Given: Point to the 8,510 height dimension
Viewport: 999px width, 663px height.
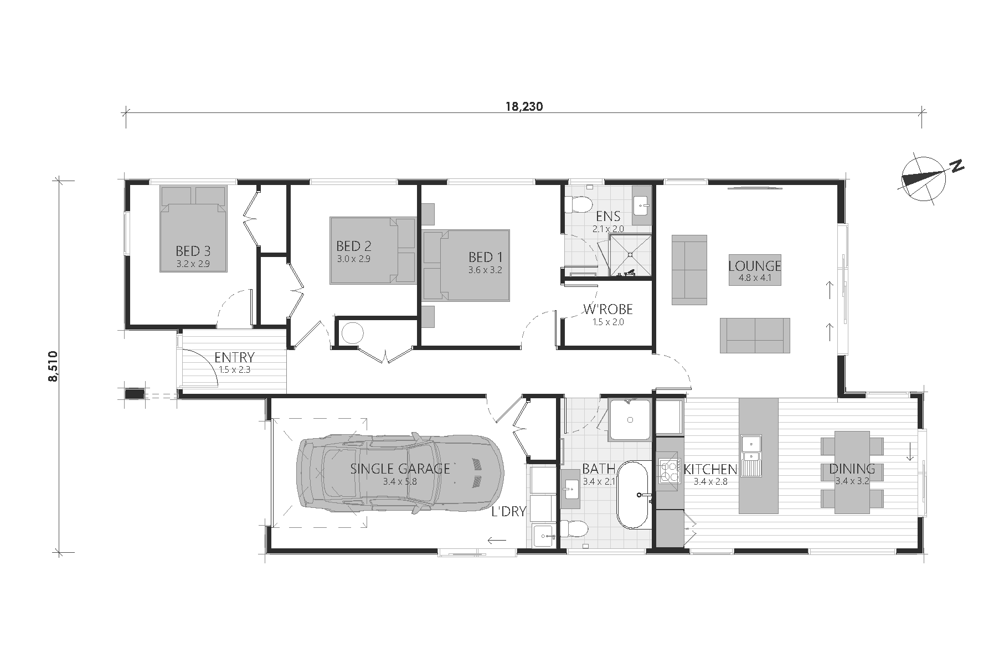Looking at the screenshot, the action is [53, 367].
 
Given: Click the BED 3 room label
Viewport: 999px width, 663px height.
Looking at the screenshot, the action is [193, 251].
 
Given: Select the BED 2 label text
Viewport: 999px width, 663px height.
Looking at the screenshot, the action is [354, 246].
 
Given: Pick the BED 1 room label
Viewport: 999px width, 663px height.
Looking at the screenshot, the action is [486, 257].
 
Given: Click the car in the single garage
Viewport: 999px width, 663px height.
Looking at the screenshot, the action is [400, 474].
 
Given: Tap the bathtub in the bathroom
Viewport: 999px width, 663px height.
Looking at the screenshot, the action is [634, 495].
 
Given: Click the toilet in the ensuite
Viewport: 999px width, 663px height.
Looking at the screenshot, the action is [578, 204].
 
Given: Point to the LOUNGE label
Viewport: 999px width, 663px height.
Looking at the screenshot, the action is [754, 266].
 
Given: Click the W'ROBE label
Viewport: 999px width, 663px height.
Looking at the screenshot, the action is [608, 309].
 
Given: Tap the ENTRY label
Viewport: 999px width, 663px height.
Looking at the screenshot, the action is [234, 357].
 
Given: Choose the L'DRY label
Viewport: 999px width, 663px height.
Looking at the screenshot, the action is [508, 511].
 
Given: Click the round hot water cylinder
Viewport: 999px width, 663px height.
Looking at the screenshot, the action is [352, 333].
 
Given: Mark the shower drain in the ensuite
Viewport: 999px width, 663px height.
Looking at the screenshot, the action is [630, 255].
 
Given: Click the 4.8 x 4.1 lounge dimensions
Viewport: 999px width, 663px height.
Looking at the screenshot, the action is [754, 278].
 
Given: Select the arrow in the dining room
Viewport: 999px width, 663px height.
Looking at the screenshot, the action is [909, 451].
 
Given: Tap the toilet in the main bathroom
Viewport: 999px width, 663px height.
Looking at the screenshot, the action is [574, 529].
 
